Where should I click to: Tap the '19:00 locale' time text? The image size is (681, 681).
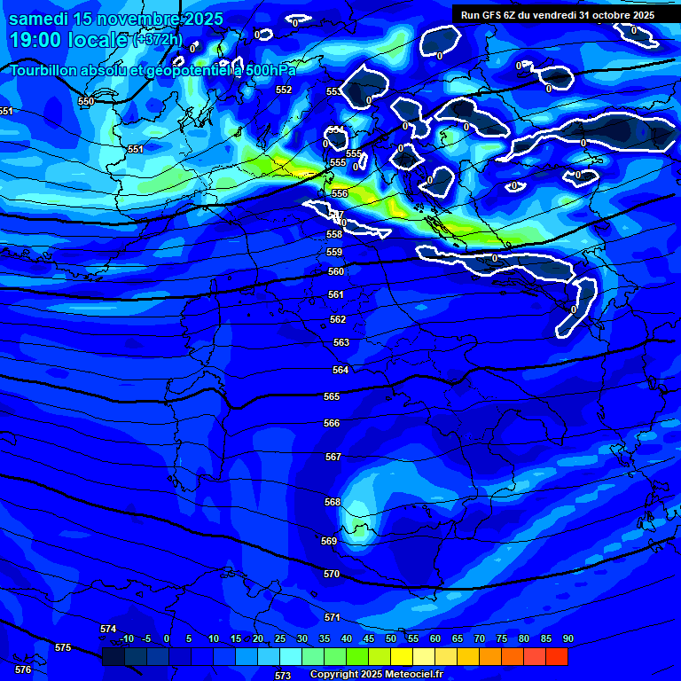tap(69, 40)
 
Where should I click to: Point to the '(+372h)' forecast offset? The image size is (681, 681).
tap(158, 39)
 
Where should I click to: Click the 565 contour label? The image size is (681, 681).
tap(332, 397)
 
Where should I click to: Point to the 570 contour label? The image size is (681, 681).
tap(332, 574)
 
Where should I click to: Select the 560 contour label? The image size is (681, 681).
tap(335, 272)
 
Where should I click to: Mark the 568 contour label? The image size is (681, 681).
tap(333, 502)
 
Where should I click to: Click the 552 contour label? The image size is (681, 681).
tap(284, 90)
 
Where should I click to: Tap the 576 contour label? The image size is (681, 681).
tap(23, 669)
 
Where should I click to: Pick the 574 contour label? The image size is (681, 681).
tap(108, 629)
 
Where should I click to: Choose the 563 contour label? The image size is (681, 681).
tap(341, 342)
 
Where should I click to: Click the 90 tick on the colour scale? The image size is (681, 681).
tap(567, 638)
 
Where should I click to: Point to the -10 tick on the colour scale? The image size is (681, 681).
tap(126, 638)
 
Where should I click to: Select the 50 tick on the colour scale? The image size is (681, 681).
tap(391, 638)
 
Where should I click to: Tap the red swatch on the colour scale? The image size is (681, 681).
tap(556, 656)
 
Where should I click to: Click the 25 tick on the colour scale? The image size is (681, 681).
tap(280, 638)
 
